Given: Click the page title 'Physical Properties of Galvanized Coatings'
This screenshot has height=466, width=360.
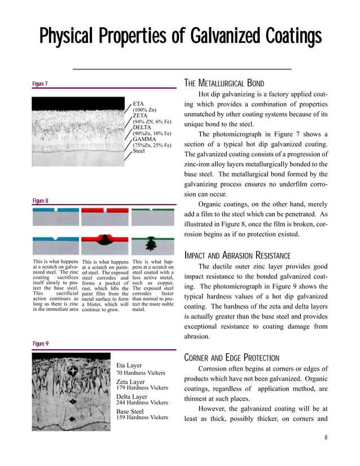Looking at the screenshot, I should tap(180, 37).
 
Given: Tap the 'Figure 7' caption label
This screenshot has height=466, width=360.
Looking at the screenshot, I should tap(39, 84).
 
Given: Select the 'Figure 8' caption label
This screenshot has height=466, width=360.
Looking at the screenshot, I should tap(39, 201).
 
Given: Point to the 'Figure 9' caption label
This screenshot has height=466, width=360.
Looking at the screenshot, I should tap(39, 344).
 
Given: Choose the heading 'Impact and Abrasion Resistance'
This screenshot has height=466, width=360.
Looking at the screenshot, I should tap(238, 255).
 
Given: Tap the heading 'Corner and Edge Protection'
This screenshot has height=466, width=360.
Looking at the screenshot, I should tap(231, 358).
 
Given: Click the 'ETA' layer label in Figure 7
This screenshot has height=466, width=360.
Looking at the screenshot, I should tap(139, 104).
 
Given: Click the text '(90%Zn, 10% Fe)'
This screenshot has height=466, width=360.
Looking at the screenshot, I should tap(152, 134).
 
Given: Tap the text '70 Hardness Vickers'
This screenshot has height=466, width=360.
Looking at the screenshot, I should tap(141, 373).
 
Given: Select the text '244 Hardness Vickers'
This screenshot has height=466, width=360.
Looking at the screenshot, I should tap(142, 402).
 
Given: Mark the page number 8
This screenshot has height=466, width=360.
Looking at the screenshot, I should tap(326, 438).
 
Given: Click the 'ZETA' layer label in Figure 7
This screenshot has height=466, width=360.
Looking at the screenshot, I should tap(141, 116).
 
